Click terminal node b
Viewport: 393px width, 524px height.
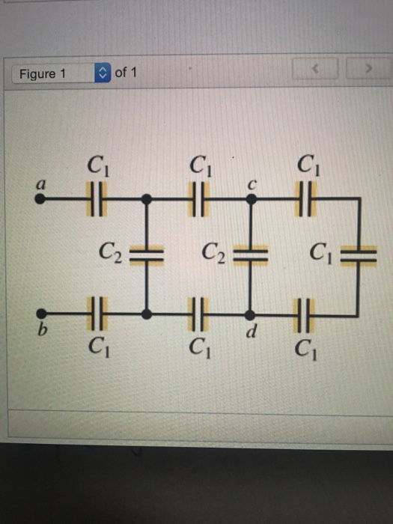(42, 313)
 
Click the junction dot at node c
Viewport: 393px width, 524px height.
(253, 200)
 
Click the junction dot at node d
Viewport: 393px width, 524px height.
(253, 313)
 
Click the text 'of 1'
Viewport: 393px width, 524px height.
(126, 73)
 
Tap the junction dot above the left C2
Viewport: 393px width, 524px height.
(147, 200)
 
